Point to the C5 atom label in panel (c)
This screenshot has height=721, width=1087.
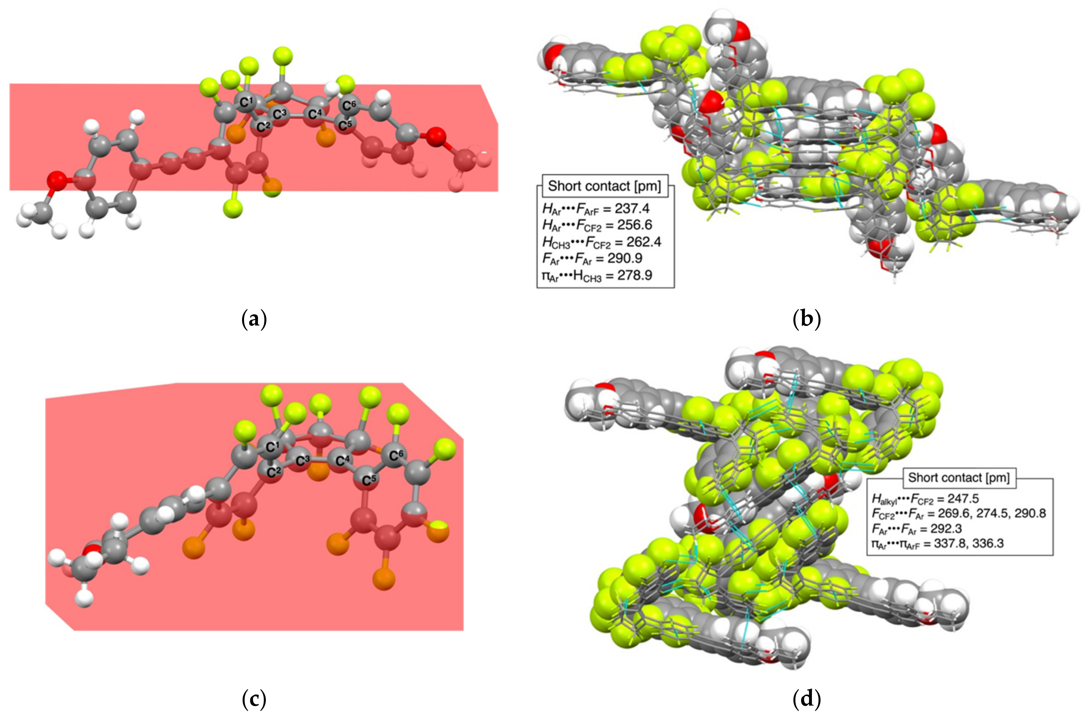369,480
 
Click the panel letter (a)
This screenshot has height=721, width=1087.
254,319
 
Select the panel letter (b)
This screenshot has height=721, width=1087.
807,319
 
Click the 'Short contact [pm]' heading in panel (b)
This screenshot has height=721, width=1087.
605,186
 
